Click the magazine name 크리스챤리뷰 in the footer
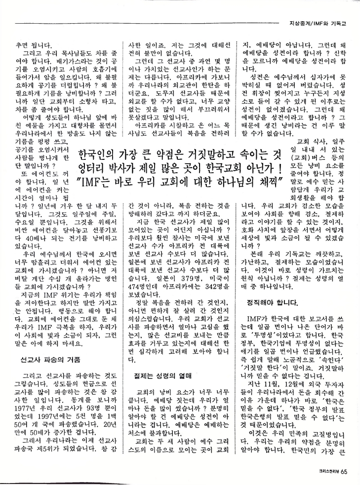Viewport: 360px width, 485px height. coord(325,471)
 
